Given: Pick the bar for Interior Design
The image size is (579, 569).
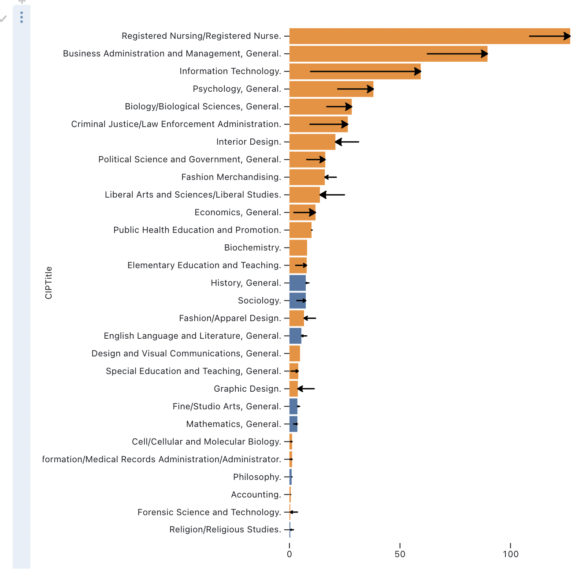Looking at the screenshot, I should pos(312,142).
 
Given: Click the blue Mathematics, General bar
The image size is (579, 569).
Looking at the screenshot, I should pos(293,424).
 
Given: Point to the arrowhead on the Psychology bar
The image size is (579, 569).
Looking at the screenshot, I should pos(371,89).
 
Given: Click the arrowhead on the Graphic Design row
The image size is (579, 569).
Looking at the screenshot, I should pos(300,389).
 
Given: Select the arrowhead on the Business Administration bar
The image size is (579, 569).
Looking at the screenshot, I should pos(485,54).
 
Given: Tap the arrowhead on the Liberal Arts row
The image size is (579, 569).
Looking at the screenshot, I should pos(323,195).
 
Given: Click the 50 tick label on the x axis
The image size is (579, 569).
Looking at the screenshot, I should pos(400,554).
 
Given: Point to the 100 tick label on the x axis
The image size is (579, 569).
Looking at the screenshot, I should pos(510,554).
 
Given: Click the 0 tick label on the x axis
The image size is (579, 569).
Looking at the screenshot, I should pos(289,554).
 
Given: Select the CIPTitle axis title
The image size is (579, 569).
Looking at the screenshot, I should pos(48,283).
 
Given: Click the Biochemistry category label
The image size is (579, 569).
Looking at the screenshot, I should pos(252,247).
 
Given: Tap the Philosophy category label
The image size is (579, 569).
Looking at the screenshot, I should pos(257,477).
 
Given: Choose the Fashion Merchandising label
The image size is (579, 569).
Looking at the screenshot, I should pos(231,177).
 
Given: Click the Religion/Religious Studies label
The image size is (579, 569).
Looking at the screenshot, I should pos(225,529).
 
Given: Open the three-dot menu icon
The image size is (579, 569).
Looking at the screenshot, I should pos(22,17).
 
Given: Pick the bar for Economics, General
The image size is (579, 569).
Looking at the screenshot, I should pos(302,213).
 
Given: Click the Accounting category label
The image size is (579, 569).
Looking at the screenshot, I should pos(256,494).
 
